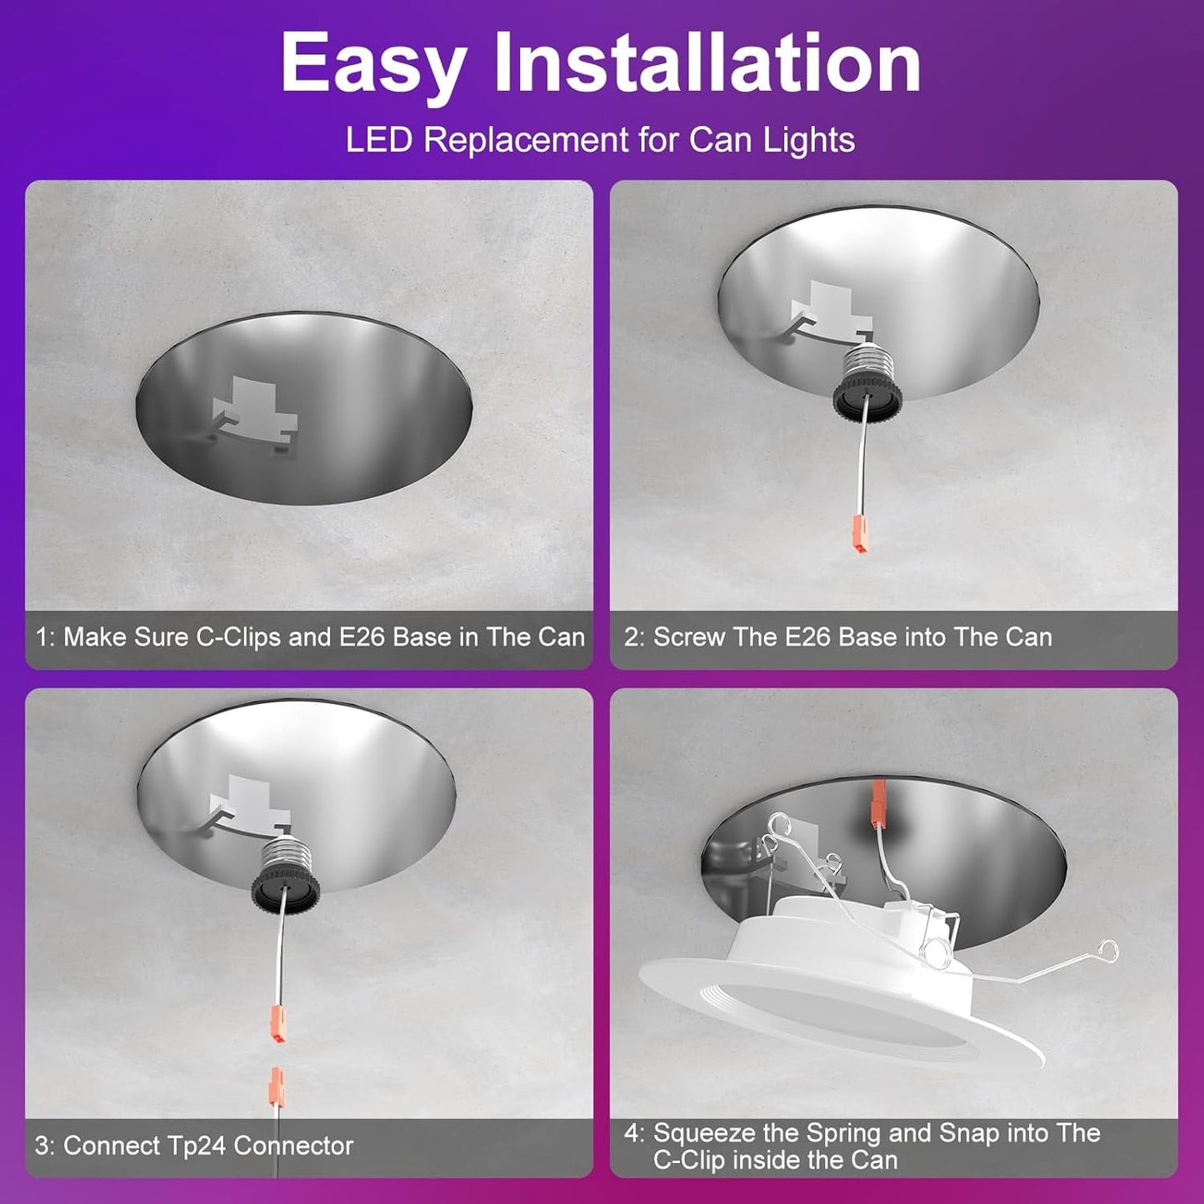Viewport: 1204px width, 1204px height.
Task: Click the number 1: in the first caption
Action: coord(45,637)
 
